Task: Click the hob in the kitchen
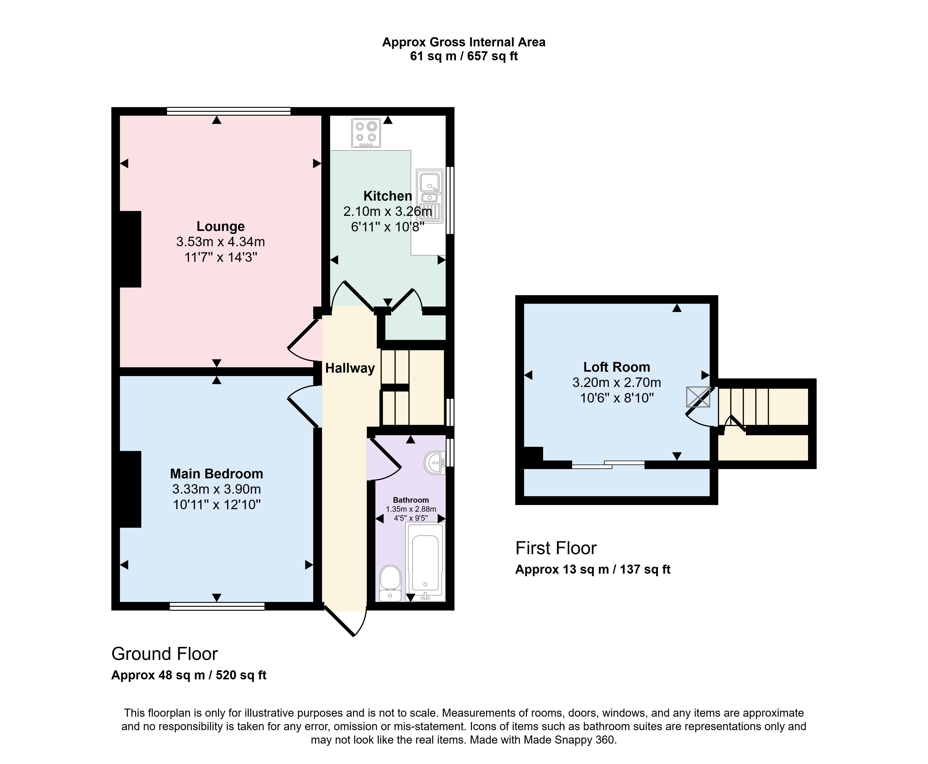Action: click(x=366, y=133)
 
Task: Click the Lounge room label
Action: click(x=221, y=226)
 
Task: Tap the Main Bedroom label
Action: click(x=217, y=473)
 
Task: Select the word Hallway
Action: click(x=350, y=368)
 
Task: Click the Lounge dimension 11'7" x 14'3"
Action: click(x=221, y=257)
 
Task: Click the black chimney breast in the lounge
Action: click(x=130, y=249)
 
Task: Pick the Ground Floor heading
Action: click(x=165, y=654)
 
